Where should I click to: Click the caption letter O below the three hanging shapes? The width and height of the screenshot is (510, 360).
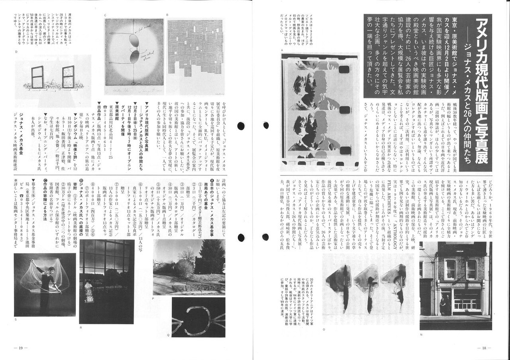[x=325, y=329]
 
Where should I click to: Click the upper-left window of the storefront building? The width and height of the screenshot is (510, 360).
[x=450, y=269]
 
